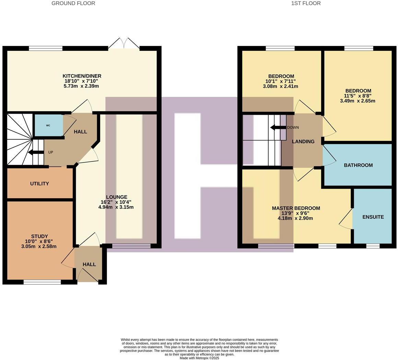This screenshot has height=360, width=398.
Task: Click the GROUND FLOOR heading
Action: pos(73,3)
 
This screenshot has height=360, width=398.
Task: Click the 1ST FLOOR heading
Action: pos(306,3)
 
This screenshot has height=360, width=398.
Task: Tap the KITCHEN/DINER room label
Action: pos(82,76)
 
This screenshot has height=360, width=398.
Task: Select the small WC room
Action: pos(48,126)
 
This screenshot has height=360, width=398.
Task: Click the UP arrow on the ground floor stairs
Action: pos(35,153)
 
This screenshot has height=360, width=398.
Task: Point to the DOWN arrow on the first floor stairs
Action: pos(278,128)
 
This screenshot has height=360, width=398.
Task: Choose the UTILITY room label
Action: pos(39,184)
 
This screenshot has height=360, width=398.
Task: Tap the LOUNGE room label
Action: pos(117,197)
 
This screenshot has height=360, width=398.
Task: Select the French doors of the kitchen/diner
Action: pos(124,44)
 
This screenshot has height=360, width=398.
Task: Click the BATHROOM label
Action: pos(358,165)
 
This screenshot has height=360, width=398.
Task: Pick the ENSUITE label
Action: pos(373,217)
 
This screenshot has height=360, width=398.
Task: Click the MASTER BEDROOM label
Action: pos(296,208)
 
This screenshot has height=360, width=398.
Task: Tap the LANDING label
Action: pos(303,142)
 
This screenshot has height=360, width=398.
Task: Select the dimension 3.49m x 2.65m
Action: pos(358,101)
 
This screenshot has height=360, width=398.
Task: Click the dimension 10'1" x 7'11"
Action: pos(280,81)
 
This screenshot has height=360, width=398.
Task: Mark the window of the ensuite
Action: pos(373,246)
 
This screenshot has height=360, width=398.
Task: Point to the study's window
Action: pos(42,282)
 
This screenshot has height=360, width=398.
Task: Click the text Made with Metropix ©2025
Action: pos(199,358)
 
